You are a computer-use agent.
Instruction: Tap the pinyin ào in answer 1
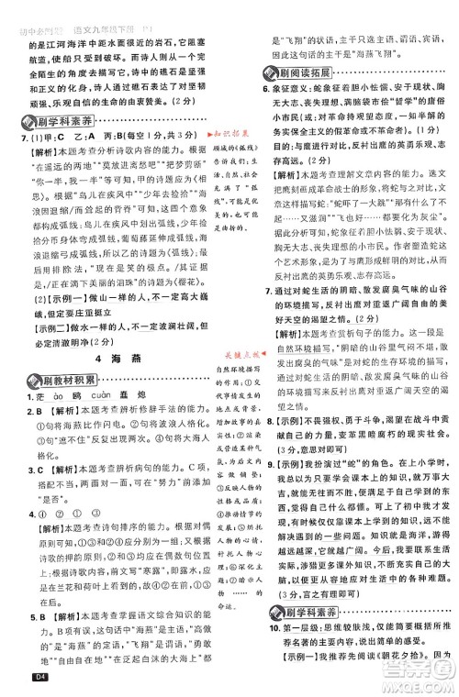pyautogui.click(x=43, y=382)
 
